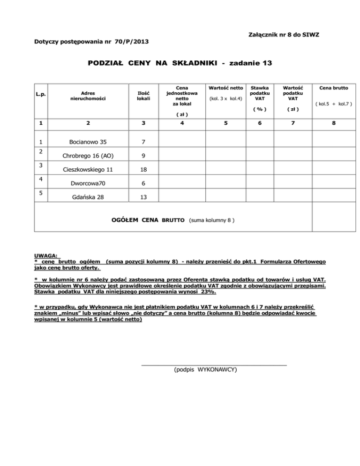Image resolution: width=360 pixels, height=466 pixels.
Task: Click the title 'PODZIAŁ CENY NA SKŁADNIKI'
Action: click(x=141, y=62)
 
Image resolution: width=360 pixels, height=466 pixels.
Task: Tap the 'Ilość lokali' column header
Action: click(x=141, y=95)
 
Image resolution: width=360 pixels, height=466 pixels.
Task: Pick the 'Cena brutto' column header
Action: click(x=334, y=88)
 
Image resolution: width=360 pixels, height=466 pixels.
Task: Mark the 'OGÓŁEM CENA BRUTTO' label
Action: click(x=149, y=219)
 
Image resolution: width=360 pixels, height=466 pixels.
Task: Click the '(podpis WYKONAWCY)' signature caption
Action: click(x=205, y=369)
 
